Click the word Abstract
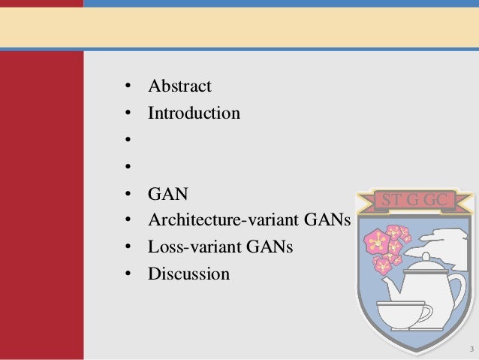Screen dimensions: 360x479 (179, 86)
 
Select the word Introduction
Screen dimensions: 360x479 (194, 113)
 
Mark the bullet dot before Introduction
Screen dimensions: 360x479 (129, 114)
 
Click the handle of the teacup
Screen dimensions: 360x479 (428, 312)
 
